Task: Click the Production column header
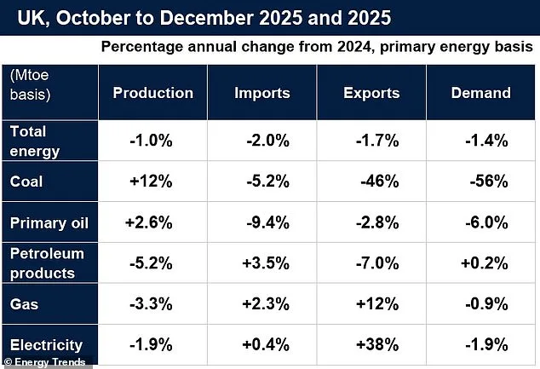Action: (152, 93)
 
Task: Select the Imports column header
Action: (262, 93)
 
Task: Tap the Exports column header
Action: (372, 93)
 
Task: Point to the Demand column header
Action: (480, 93)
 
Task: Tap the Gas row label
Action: (23, 304)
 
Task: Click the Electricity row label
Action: (46, 345)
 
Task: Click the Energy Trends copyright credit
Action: (44, 362)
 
